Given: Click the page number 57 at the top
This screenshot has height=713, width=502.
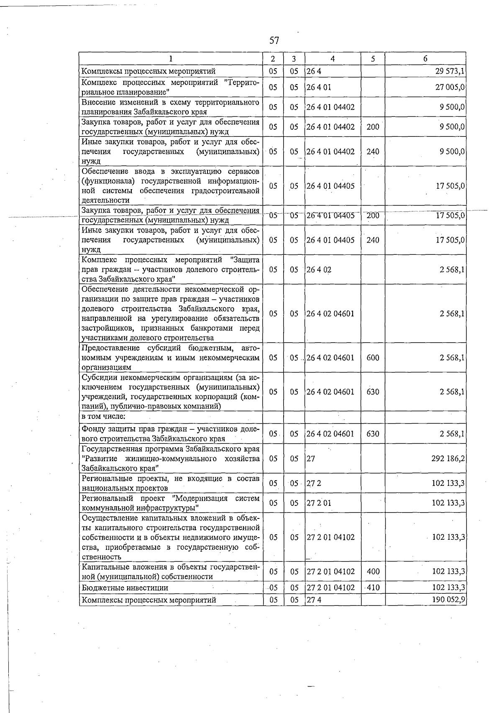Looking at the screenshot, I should pyautogui.click(x=274, y=41).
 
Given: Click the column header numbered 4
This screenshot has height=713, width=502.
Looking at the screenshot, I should pyautogui.click(x=332, y=59).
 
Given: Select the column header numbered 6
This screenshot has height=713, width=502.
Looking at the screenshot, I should pyautogui.click(x=425, y=59).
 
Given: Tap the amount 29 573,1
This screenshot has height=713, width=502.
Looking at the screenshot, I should pyautogui.click(x=450, y=71).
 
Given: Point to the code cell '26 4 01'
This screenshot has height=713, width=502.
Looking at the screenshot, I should pyautogui.click(x=319, y=87).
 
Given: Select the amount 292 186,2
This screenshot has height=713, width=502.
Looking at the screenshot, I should pyautogui.click(x=448, y=459).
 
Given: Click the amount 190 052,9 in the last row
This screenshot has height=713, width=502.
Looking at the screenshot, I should pyautogui.click(x=448, y=600).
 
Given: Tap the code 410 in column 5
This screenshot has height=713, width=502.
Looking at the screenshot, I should pyautogui.click(x=372, y=587).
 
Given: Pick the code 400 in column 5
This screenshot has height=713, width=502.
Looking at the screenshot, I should pyautogui.click(x=372, y=572).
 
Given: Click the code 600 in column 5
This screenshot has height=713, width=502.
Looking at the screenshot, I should pyautogui.click(x=372, y=358).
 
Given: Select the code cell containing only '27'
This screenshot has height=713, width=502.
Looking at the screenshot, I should pyautogui.click(x=310, y=459).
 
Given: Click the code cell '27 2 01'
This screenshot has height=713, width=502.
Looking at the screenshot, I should pyautogui.click(x=318, y=503).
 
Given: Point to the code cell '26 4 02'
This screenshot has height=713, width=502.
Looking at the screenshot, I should pyautogui.click(x=319, y=269).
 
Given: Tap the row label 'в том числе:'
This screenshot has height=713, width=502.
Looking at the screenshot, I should pyautogui.click(x=103, y=416).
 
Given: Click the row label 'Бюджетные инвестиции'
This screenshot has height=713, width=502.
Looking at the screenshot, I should pyautogui.click(x=125, y=587).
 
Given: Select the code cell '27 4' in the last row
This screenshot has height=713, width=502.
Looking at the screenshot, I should pyautogui.click(x=313, y=600).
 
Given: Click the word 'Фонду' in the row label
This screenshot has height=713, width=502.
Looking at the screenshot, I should pyautogui.click(x=93, y=429).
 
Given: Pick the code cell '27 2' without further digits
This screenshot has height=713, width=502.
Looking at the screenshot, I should pyautogui.click(x=313, y=483).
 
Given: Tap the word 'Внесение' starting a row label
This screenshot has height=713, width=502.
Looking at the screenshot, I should pyautogui.click(x=97, y=102).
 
